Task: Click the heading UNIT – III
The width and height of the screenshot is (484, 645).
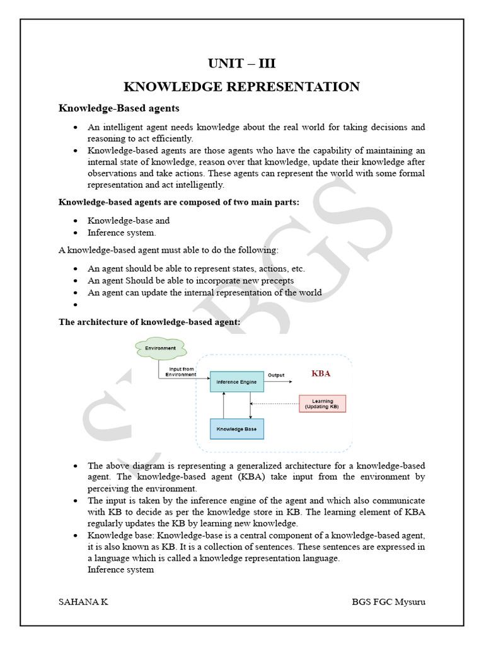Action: click(x=241, y=64)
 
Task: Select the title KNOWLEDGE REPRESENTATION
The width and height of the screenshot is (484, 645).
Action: click(x=241, y=87)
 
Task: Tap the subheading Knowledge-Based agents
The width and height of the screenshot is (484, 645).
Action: click(x=119, y=108)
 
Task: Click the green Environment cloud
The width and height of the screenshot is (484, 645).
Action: click(x=160, y=348)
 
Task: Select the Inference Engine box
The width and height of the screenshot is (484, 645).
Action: click(x=236, y=382)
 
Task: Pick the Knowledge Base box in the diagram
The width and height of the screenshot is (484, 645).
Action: click(x=236, y=429)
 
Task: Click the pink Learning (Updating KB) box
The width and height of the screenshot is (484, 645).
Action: click(x=322, y=404)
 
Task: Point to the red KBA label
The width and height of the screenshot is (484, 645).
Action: click(x=321, y=374)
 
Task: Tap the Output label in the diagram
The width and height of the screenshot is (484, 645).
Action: click(x=276, y=375)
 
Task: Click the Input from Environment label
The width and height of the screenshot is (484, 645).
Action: click(x=181, y=371)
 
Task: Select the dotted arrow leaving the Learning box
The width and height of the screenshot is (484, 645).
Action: click(x=275, y=404)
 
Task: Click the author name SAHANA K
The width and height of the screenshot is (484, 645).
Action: click(x=83, y=602)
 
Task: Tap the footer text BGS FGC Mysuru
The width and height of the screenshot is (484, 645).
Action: click(x=388, y=602)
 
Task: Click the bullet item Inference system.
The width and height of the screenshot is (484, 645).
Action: click(x=122, y=232)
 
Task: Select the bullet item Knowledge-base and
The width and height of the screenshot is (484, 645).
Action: click(x=129, y=220)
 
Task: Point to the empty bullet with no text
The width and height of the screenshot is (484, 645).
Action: click(x=75, y=305)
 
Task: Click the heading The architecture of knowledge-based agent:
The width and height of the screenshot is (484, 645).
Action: click(x=149, y=322)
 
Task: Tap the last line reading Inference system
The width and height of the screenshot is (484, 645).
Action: click(x=120, y=569)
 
